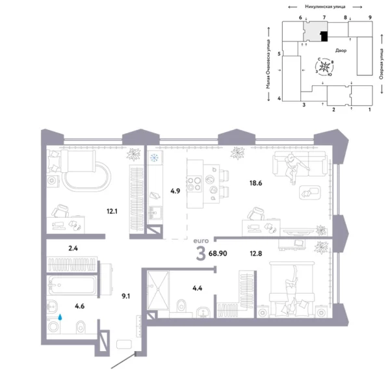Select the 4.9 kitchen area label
click(174, 191)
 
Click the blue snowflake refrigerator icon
click(155, 158)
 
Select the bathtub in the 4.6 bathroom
click(72, 286)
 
